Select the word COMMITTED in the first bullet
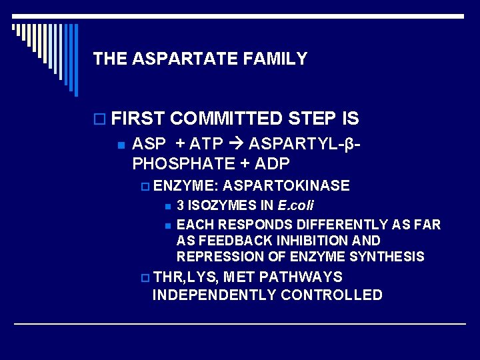[x=227, y=119]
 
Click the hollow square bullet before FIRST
[x=99, y=119]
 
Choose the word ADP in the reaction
[x=271, y=163]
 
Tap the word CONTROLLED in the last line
[x=331, y=295]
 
